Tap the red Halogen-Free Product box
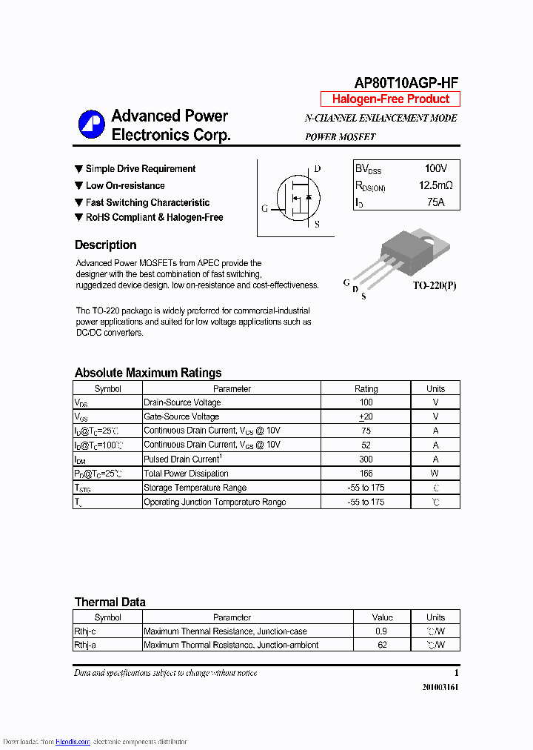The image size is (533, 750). click(390, 99)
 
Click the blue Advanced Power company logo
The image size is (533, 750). click(92, 125)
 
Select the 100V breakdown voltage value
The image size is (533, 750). click(435, 169)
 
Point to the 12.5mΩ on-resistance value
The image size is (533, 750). click(435, 185)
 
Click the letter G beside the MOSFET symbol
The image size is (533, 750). click(264, 208)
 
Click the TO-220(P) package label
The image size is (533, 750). click(435, 285)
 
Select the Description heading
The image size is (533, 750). click(106, 245)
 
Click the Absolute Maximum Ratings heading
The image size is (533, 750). click(148, 373)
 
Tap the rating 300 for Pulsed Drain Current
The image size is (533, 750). click(366, 459)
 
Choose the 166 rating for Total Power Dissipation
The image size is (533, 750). click(366, 474)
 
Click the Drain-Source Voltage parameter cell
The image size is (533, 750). click(182, 402)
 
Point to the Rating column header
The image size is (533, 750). click(366, 388)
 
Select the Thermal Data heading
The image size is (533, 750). click(110, 602)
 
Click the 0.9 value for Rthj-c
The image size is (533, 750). click(381, 631)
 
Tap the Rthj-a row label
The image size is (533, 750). click(85, 646)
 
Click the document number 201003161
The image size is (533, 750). click(440, 687)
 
